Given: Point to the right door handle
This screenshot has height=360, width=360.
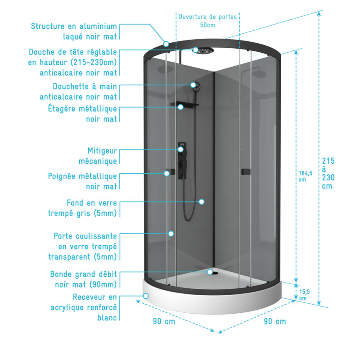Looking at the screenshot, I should [x=245, y=171].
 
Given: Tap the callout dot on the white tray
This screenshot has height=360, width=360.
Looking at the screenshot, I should [x=146, y=296].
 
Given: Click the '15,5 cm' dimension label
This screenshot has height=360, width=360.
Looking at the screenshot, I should [x=303, y=295].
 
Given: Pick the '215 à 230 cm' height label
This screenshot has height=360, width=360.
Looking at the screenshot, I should [x=328, y=173].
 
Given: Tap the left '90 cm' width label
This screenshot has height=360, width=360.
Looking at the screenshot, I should [x=164, y=321].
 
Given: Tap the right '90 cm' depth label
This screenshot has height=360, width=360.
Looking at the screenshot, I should [x=274, y=321].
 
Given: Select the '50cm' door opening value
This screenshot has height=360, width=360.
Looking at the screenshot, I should [x=207, y=25].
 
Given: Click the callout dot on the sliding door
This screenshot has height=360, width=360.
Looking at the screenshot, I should [x=171, y=233].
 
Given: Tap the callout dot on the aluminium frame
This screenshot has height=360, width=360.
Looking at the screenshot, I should [x=166, y=44].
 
